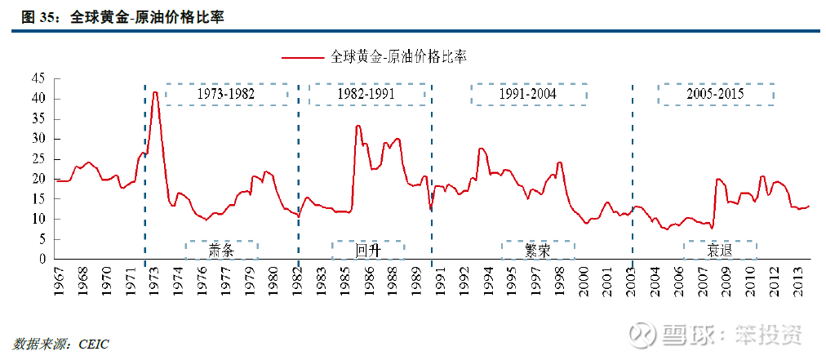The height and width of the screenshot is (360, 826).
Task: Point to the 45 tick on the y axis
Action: pos(39,78)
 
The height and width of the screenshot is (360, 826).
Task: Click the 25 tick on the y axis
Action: pos(39,158)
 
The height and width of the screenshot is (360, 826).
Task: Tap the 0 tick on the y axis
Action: pos(43,259)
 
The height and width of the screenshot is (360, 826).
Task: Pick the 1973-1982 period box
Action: pos(226,94)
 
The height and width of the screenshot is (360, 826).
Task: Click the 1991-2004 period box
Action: pos(527,94)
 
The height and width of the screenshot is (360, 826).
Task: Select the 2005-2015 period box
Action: pos(715,94)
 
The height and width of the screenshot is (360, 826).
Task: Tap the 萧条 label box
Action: pos(221,251)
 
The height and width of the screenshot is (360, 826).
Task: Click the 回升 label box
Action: pos(367,251)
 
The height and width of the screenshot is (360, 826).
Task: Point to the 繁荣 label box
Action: pos(537,251)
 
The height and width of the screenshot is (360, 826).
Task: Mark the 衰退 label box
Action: pos(719,251)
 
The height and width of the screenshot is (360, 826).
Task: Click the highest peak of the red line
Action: pos(155,92)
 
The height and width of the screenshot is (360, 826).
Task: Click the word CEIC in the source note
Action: pos(93,344)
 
